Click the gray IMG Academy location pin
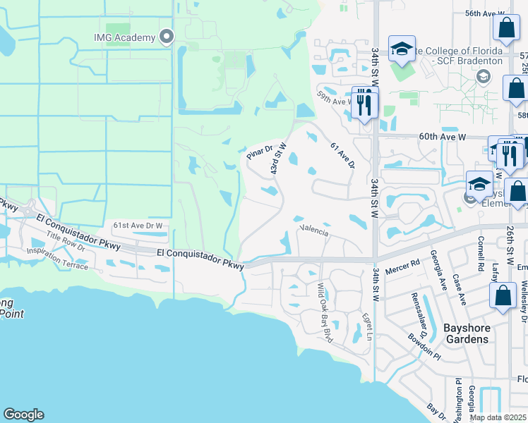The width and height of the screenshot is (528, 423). (x=167, y=37)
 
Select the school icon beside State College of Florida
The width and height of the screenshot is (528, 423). (x=402, y=49)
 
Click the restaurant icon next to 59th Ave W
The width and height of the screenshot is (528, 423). (x=364, y=103)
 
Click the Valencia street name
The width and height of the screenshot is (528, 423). (x=315, y=230)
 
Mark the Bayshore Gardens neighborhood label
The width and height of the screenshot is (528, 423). (x=465, y=333)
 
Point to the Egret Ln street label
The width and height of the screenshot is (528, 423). (x=366, y=326)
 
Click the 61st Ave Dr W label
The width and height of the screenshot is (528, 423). (x=138, y=226)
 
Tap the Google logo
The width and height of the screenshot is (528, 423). (x=23, y=415)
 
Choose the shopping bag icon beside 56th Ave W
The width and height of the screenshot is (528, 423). (x=506, y=28)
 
